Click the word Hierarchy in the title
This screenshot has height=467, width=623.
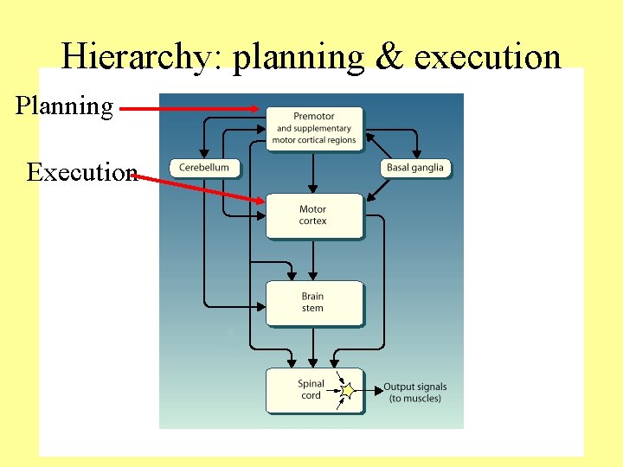tap(139, 58)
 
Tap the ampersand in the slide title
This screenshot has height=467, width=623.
tap(390, 57)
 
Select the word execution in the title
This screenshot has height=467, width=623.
tap(487, 57)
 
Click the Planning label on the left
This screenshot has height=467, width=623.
tap(64, 106)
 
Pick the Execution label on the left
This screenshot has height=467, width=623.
tap(80, 171)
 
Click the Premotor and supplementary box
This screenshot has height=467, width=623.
tap(314, 128)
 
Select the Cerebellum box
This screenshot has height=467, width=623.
tap(204, 168)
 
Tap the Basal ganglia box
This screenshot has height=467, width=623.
tap(415, 168)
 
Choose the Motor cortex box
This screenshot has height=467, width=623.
tap(313, 215)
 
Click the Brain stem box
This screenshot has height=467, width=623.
tap(313, 302)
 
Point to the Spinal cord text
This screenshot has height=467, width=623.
tap(311, 389)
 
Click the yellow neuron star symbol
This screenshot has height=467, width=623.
tap(348, 392)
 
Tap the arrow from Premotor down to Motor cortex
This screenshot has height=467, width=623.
tap(314, 172)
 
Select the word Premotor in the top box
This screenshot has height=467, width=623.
tap(314, 117)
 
